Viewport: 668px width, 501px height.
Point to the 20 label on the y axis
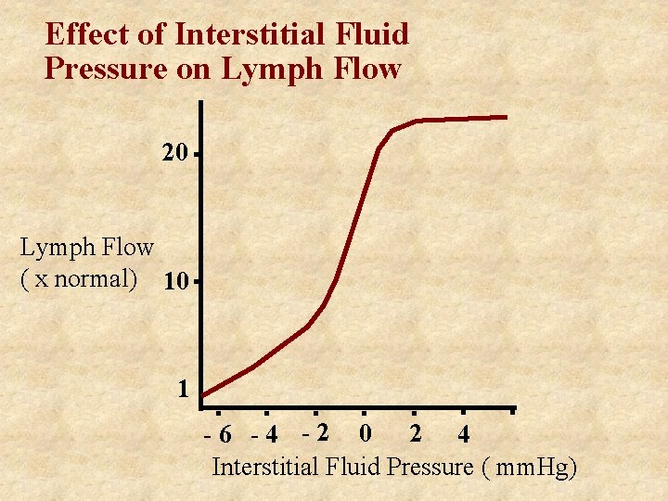point(174,153)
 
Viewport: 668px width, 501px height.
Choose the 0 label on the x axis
point(366,432)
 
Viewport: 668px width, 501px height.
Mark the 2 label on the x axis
point(415,432)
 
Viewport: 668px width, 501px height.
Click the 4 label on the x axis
point(463,433)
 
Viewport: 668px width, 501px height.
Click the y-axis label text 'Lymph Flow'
point(87,247)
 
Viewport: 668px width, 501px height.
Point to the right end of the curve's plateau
point(506,117)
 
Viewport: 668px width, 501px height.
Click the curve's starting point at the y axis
point(203,395)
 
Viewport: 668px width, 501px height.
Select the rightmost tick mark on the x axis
point(512,409)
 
